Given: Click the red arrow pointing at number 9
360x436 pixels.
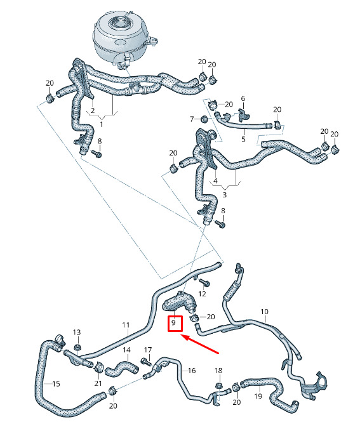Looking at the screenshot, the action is point(200,345).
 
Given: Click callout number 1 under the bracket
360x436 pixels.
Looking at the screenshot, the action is point(101,124).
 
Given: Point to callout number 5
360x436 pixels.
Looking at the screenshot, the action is point(243,139).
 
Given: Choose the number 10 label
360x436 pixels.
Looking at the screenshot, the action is point(264,312).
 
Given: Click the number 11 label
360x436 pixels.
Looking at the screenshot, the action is point(126,325).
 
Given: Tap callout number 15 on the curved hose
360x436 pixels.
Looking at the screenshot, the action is point(57,384).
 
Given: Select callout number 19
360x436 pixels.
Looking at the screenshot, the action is point(258,395).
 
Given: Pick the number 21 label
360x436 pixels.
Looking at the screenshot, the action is point(98,383).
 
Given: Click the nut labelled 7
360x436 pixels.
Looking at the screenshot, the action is point(204,119).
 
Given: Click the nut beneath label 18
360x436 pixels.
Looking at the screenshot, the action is point(218,385).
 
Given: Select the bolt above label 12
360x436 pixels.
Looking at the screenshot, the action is point(205,283).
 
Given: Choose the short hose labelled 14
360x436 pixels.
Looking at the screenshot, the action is point(121,368).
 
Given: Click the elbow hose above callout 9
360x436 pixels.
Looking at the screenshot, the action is point(180,302).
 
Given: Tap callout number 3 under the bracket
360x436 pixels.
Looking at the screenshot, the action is point(225,195).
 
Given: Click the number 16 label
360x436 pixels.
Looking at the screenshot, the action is point(192,371).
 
